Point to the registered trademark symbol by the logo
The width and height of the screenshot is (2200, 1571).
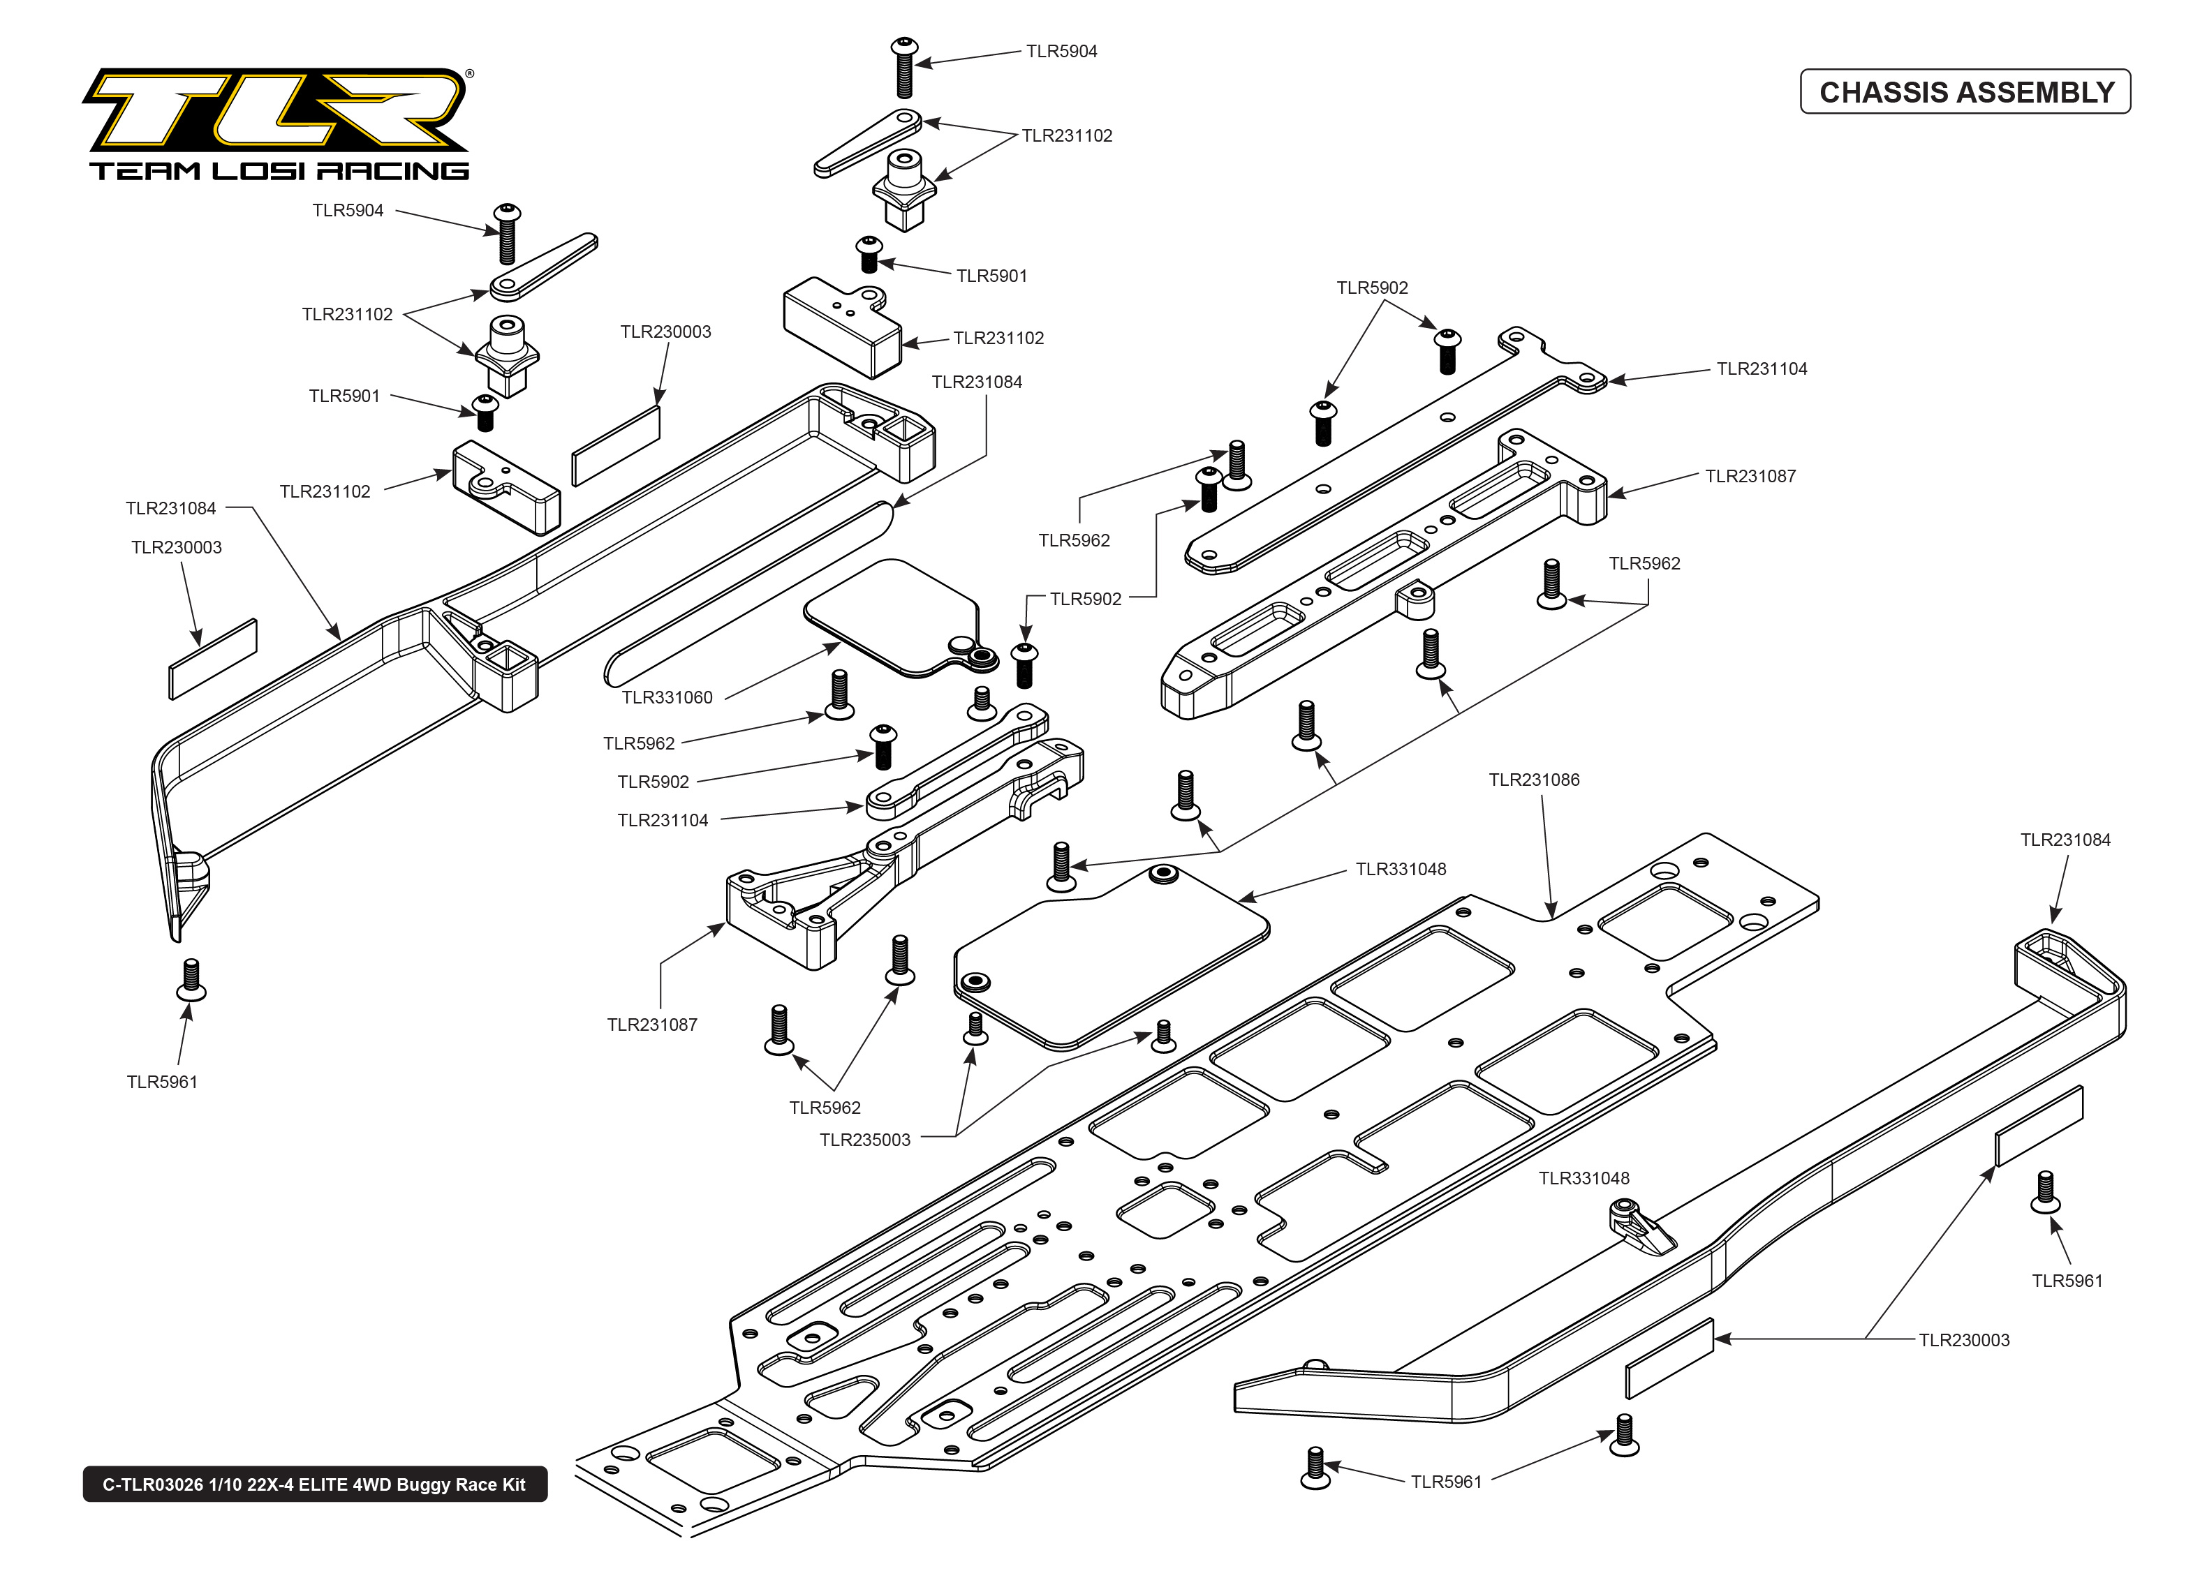click(x=470, y=73)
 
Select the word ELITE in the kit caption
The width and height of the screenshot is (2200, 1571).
click(x=324, y=1485)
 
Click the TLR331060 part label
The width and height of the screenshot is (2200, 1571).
click(x=667, y=697)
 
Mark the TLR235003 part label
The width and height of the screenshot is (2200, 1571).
click(x=865, y=1140)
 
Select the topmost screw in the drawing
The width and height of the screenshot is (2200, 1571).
click(x=905, y=68)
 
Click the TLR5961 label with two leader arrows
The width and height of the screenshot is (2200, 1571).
click(x=1447, y=1482)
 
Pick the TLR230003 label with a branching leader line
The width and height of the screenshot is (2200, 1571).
click(x=1964, y=1340)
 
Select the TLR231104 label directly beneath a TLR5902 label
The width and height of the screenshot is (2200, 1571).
click(x=663, y=820)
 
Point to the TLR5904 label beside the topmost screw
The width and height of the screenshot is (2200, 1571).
click(x=1061, y=51)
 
